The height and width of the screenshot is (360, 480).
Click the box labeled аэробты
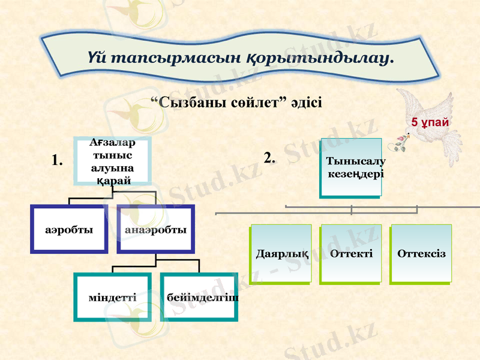coord(69,230)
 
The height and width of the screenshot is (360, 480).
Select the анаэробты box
coord(156,230)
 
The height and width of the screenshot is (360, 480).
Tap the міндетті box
coord(112,297)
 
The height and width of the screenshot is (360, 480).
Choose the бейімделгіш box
coord(199,297)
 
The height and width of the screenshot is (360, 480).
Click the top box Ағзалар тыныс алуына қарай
coord(112,160)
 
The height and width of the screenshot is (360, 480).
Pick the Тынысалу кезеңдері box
coord(351,167)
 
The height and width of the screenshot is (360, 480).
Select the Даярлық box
coord(281,253)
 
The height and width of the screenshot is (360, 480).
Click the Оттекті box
coord(351,253)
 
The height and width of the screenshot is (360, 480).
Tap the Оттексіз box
coord(421,253)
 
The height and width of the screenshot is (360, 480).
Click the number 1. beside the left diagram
coord(58,160)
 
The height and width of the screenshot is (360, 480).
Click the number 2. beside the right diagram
coord(269,158)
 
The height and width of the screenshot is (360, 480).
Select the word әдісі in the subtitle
coord(305,103)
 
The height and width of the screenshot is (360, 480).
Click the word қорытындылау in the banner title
coord(319,59)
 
